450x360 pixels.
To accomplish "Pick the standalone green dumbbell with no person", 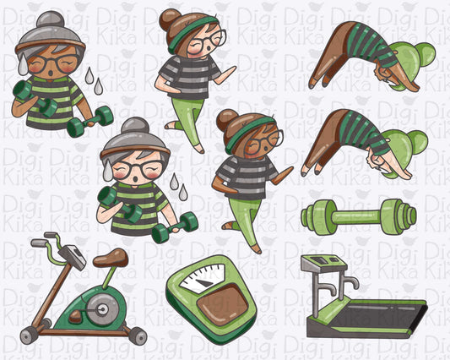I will (x=359, y=216).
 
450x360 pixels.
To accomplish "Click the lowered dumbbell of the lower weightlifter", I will (x=175, y=226).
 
